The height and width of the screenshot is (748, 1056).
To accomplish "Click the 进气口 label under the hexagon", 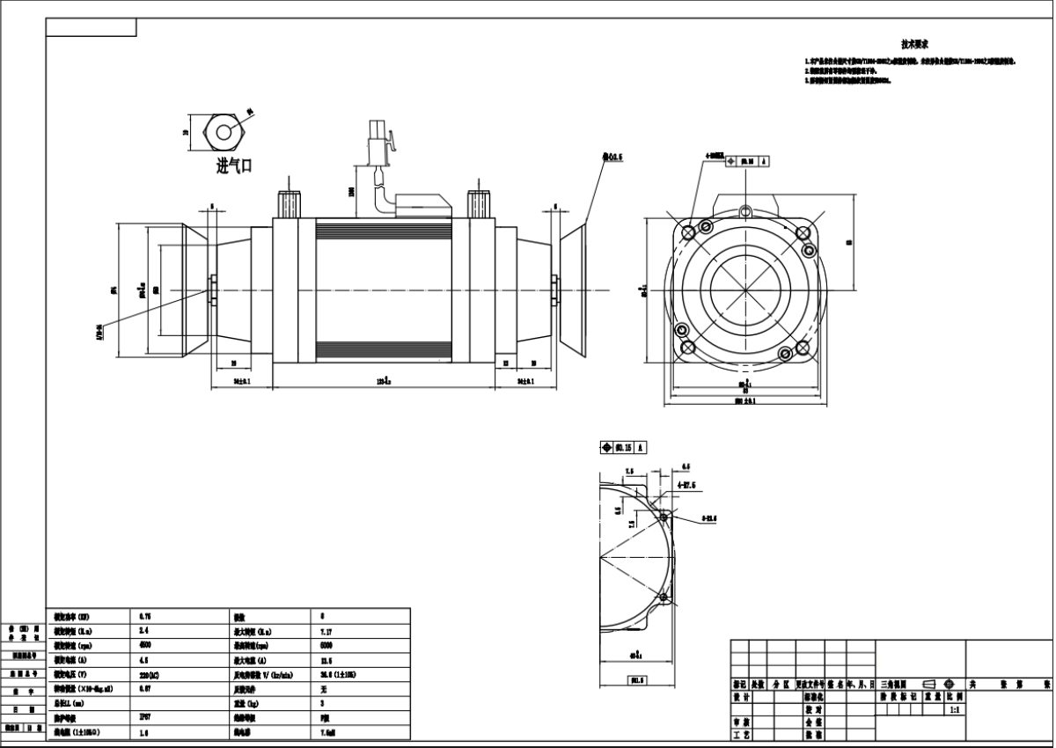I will click(234, 166).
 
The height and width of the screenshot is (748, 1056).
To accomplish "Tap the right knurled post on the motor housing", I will click(479, 204).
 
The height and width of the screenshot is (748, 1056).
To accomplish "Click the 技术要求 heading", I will click(915, 43).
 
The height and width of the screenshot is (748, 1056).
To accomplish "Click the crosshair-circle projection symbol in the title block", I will click(950, 683).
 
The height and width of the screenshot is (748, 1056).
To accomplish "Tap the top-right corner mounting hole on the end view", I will click(802, 232).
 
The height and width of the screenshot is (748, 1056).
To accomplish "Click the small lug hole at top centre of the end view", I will click(745, 209).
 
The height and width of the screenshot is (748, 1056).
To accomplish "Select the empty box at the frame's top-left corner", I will click(91, 27).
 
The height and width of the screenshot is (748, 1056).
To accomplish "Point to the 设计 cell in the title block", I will click(742, 695).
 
